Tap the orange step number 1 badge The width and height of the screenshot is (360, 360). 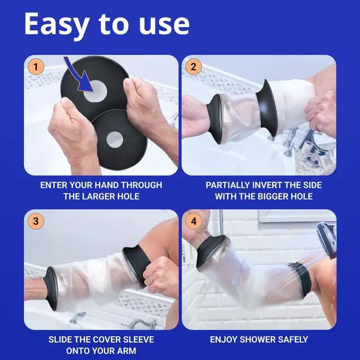click(35, 67)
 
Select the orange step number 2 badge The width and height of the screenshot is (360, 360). click(193, 67)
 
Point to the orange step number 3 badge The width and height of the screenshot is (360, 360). click(35, 221)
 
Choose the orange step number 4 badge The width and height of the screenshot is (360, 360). click(193, 221)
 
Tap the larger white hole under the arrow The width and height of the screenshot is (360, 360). click(95, 91)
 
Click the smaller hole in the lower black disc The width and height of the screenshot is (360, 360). click(115, 139)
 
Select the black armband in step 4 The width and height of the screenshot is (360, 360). click(301, 279)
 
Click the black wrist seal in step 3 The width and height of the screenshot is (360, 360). click(51, 289)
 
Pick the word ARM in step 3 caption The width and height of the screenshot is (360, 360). click(128, 351)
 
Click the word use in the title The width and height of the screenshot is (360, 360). click(164, 25)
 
